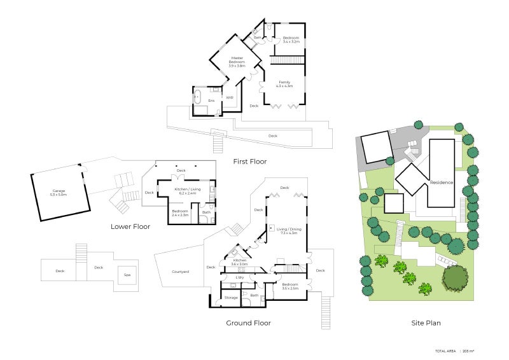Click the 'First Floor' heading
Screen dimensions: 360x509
[x=249, y=162]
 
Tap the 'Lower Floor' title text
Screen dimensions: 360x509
[x=130, y=226]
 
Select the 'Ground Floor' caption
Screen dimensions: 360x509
[x=248, y=323]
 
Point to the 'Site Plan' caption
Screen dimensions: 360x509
[x=426, y=323]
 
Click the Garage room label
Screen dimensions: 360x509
[x=59, y=193]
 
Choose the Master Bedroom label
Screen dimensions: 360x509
[x=237, y=61]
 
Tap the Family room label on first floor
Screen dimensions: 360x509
[x=284, y=83]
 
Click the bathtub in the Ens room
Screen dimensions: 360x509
[x=198, y=99]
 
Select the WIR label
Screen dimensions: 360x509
[x=230, y=97]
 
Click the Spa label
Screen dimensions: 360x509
[x=127, y=275]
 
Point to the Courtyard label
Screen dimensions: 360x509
[x=180, y=272]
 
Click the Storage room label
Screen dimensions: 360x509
[x=231, y=297]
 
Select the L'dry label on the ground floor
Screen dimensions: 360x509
[x=240, y=277]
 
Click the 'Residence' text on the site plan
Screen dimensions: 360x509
[x=442, y=183]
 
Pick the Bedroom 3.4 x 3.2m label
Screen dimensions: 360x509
[x=291, y=39]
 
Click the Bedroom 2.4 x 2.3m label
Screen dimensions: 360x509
[x=179, y=213]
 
